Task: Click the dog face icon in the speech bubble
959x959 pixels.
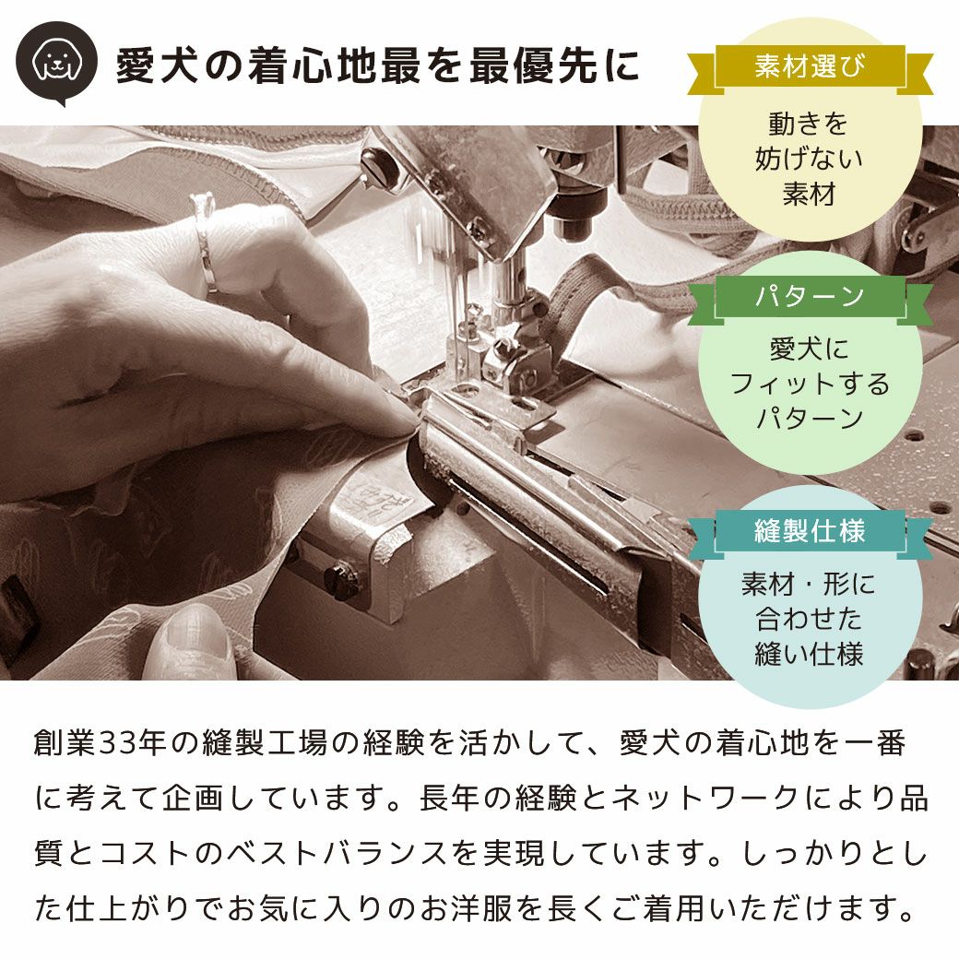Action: pos(56,61)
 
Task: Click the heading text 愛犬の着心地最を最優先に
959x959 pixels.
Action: pos(377,67)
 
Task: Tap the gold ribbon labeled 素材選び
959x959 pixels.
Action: pos(810,67)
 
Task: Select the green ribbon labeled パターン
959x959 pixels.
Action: pos(810,297)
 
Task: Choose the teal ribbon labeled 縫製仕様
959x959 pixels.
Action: pos(810,532)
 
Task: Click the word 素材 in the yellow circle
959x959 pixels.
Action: pos(809,195)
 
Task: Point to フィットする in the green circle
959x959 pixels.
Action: pos(810,384)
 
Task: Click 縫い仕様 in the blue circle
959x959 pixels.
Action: pos(809,654)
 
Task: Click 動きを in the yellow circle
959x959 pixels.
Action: pos(809,124)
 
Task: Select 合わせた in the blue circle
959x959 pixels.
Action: pos(809,619)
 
